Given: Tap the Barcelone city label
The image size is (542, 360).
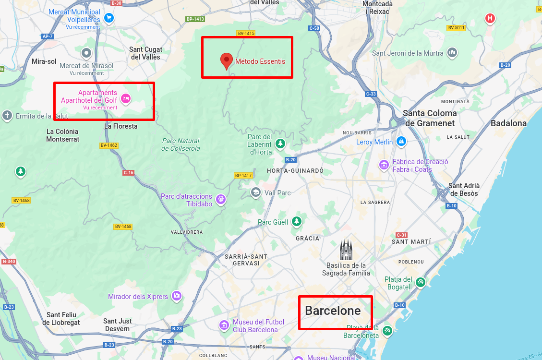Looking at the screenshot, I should click(333, 311).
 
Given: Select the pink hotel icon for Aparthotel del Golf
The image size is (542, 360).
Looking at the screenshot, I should click(126, 98).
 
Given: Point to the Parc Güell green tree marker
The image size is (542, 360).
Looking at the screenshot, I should click(298, 221).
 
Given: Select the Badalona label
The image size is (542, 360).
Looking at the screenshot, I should click(508, 123).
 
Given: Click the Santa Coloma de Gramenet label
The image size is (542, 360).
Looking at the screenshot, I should click(430, 118).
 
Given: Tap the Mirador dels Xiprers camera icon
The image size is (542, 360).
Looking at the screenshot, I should click(177, 296).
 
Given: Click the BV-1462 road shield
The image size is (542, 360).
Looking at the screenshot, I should click(109, 145).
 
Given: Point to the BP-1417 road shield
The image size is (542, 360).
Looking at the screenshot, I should click(243, 175).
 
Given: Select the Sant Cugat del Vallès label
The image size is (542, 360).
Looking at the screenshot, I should click(146, 53).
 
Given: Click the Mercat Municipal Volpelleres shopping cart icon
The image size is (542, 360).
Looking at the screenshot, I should click(109, 18).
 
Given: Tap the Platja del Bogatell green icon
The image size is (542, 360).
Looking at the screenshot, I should click(421, 282).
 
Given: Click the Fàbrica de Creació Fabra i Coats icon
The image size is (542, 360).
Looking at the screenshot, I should click(384, 165).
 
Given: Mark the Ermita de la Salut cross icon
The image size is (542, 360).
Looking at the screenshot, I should click(7, 115).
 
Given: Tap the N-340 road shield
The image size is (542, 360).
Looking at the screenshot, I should click(9, 262).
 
